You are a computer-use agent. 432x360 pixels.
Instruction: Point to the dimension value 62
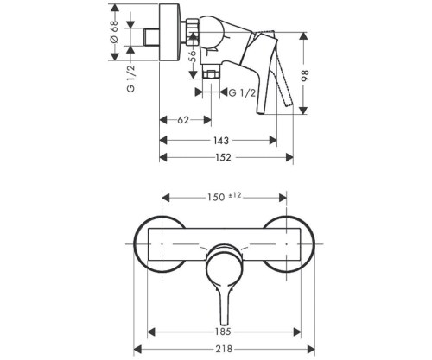[x=184, y=120]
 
